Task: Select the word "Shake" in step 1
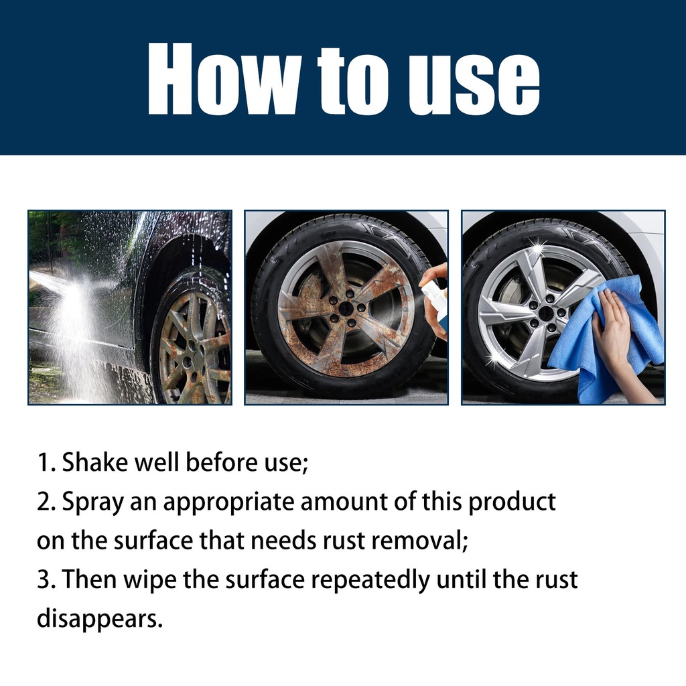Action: [94, 462]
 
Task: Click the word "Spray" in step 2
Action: [92, 502]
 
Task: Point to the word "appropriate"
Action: [229, 502]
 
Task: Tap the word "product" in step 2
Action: [512, 502]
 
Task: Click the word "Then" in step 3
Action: [89, 579]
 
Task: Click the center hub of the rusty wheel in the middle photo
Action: [346, 308]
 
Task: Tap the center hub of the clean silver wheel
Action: [545, 312]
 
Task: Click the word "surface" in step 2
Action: [153, 541]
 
